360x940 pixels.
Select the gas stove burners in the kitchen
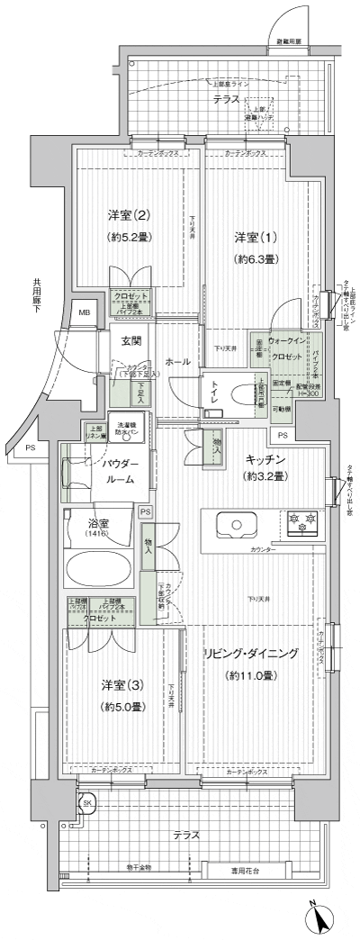coord(300,522)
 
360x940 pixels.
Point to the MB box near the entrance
coord(85,312)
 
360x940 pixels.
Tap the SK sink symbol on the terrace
coord(87,803)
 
